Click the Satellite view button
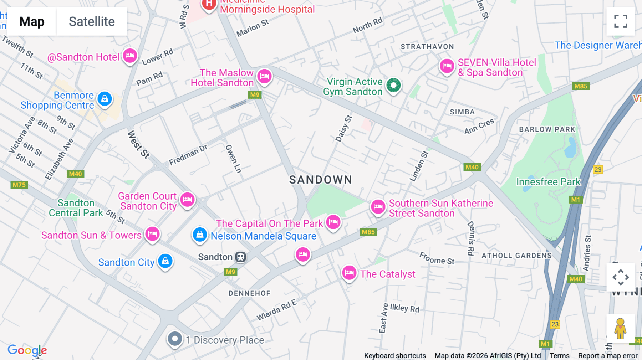click(x=92, y=22)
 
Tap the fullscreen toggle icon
click(x=621, y=21)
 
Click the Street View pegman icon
click(x=620, y=328)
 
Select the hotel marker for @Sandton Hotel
click(x=130, y=56)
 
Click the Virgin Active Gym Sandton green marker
click(x=393, y=86)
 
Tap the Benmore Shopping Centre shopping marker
click(x=105, y=99)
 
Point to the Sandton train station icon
click(x=241, y=257)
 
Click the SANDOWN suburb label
click(x=320, y=180)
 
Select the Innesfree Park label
click(x=548, y=182)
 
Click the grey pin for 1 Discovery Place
click(x=175, y=339)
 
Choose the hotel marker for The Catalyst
click(x=349, y=273)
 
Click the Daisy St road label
click(x=344, y=129)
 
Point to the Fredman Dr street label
click(x=188, y=155)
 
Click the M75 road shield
click(x=19, y=185)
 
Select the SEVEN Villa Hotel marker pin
click(x=447, y=66)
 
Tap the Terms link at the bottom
click(x=559, y=355)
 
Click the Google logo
click(x=27, y=350)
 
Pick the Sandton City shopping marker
click(x=165, y=261)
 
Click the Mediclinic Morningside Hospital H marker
click(x=209, y=5)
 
